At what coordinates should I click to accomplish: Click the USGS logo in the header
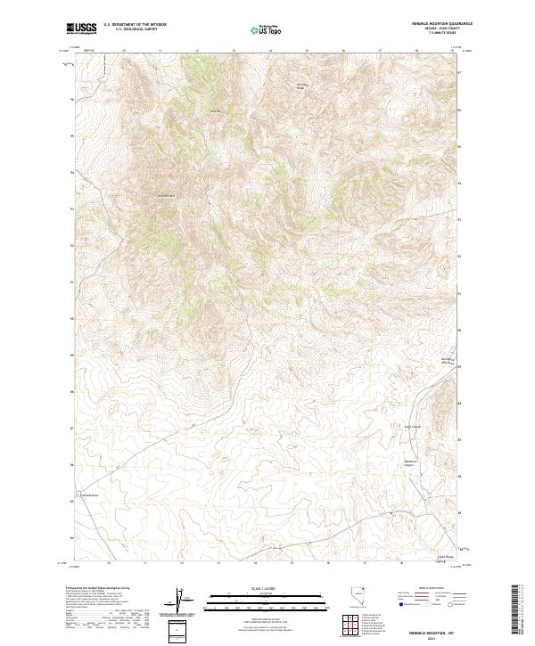point(82,28)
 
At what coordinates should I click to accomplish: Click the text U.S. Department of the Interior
point(135,25)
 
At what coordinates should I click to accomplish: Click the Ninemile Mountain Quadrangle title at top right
point(436,25)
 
